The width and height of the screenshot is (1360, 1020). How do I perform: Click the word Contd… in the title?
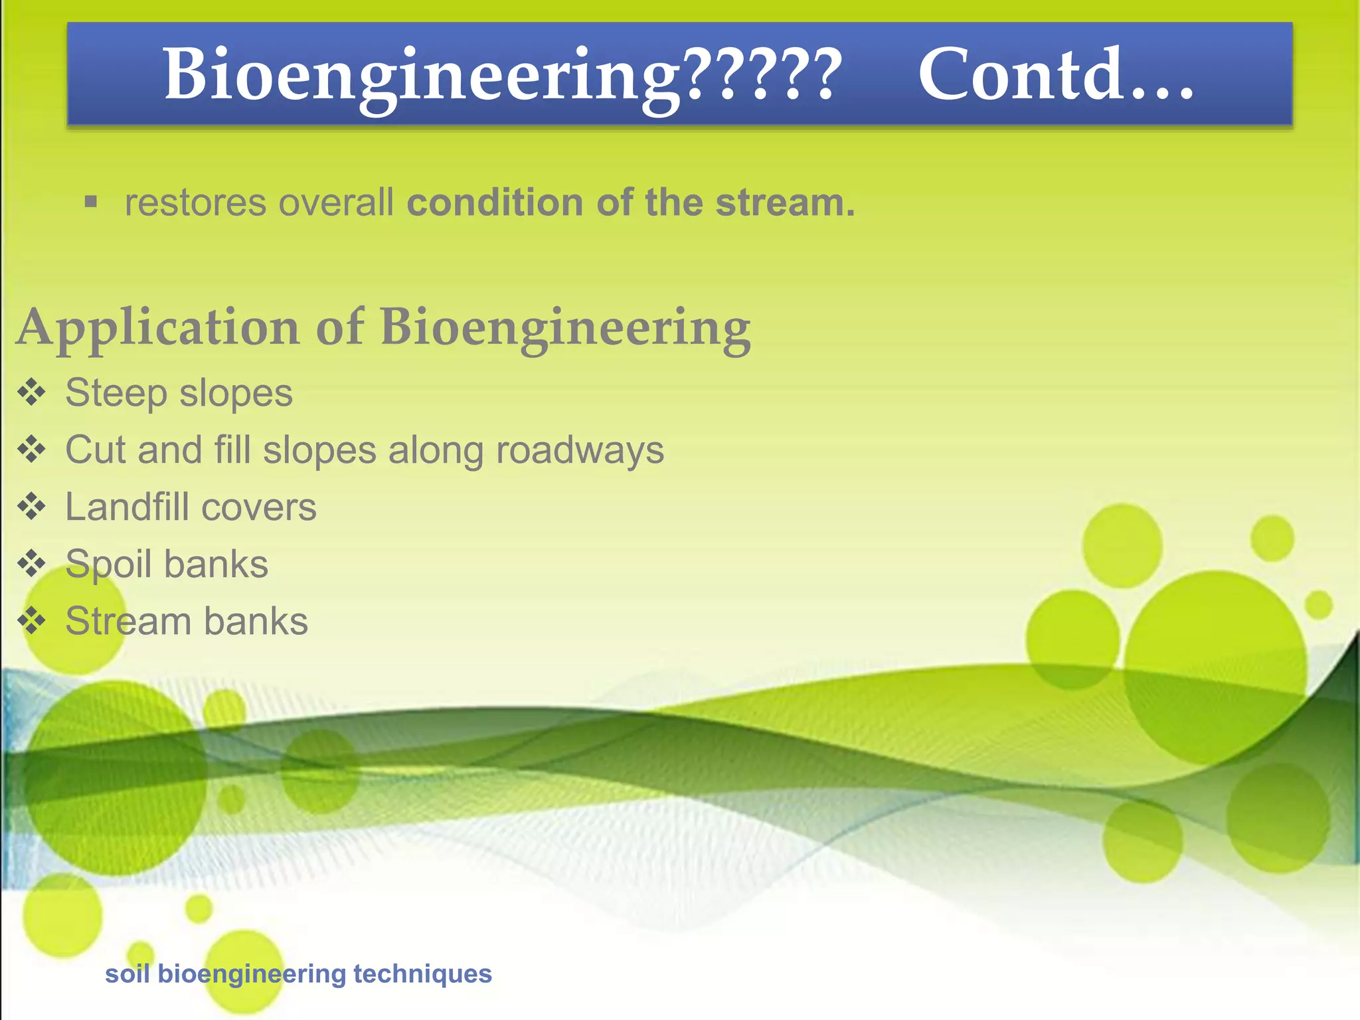1056,74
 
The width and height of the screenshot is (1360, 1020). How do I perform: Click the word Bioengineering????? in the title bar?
503,74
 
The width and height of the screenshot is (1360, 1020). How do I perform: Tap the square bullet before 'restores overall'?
91,202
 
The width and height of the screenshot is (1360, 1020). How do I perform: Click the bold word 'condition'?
495,203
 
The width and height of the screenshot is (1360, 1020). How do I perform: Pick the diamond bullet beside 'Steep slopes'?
31,392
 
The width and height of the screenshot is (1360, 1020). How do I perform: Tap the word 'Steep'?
116,393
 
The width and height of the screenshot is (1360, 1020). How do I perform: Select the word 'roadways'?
580,450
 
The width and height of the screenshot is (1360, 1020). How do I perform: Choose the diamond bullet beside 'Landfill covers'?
31,507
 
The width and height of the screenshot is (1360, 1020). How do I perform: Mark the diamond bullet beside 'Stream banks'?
31,622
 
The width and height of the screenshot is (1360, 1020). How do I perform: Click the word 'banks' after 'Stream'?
256,622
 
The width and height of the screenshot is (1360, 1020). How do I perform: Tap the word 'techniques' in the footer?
422,974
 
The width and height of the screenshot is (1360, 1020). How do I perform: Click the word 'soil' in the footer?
127,974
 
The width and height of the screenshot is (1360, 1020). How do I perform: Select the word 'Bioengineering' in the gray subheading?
565,327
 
